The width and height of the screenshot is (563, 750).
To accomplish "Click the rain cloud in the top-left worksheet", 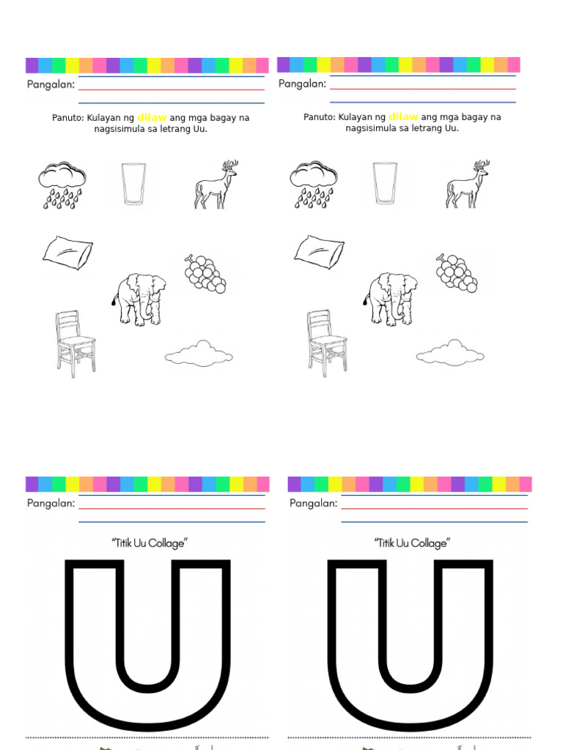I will click(62, 185).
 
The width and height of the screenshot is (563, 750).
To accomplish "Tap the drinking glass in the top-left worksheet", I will click(133, 184).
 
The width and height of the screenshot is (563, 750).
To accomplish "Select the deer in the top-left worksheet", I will click(216, 185).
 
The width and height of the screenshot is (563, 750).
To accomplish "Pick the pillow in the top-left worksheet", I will click(67, 252).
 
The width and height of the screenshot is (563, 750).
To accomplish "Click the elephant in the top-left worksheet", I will click(139, 299).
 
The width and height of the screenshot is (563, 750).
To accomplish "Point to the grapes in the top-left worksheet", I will click(205, 274).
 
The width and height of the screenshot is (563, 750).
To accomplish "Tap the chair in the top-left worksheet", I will click(75, 343).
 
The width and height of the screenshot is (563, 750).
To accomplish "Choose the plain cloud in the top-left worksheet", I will click(199, 354).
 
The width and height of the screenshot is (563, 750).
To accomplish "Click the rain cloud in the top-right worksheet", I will click(314, 185).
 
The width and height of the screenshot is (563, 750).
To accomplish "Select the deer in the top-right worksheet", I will click(467, 185).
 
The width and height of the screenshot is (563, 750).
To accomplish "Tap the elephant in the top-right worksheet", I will click(391, 299).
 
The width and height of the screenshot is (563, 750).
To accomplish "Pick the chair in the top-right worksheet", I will click(326, 343).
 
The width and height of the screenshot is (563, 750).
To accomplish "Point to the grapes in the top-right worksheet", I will click(457, 274).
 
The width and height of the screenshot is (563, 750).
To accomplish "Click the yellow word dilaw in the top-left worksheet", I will click(152, 117).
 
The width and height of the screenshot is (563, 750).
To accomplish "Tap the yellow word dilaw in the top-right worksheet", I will click(403, 117).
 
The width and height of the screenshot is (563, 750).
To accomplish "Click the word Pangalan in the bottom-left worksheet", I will click(51, 503).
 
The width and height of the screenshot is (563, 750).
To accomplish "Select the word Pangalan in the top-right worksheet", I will click(302, 84).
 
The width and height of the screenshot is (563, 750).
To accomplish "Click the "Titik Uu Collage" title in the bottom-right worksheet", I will click(412, 543).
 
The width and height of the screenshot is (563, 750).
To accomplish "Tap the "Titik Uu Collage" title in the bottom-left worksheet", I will click(150, 543).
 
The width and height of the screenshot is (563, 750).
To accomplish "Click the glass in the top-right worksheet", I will click(385, 184).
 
